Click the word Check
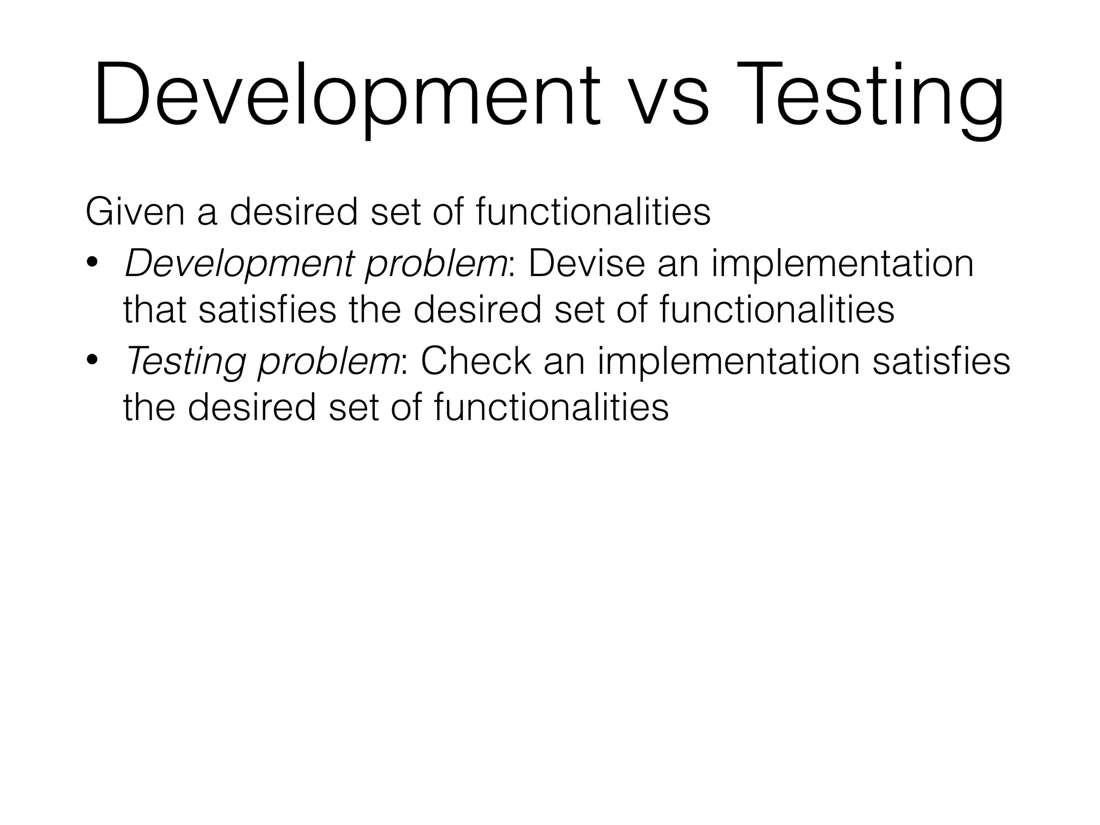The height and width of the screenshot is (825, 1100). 476,360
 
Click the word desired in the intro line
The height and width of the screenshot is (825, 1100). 293,212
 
